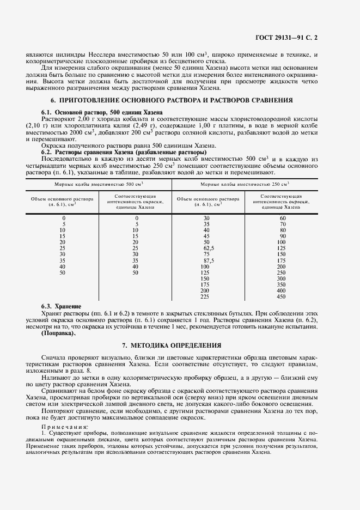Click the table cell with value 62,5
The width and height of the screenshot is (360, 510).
coord(206,247)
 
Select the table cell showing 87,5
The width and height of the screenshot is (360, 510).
coord(206,260)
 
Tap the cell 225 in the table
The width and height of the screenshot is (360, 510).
coord(205,296)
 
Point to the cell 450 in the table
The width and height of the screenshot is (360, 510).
coord(281,296)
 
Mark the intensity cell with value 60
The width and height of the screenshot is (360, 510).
coord(282,218)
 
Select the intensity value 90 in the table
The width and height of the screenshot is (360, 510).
coord(282,236)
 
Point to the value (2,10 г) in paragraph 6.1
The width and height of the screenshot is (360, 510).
coord(53,125)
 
